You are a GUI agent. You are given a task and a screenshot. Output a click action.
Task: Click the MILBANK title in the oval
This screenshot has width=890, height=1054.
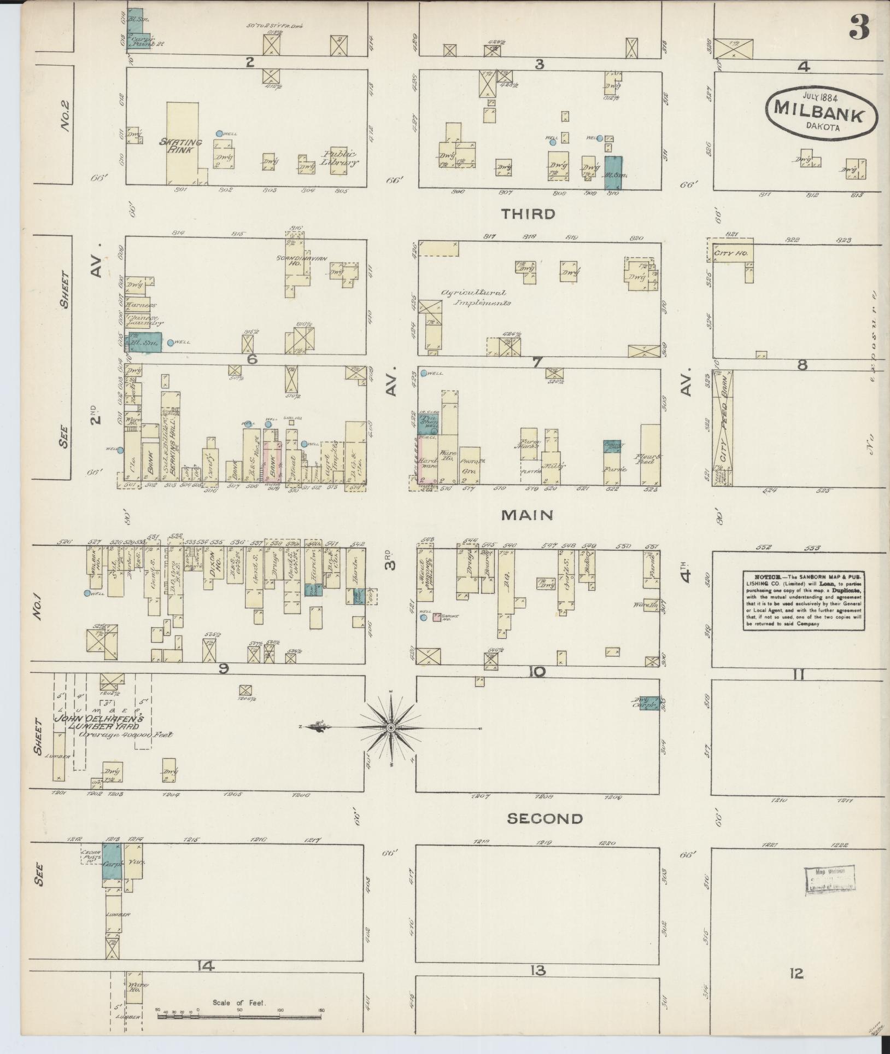[x=818, y=116]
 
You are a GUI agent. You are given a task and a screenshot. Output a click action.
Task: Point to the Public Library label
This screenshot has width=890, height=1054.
[x=340, y=158]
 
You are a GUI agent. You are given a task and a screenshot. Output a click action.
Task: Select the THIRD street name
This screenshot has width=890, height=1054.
[x=528, y=214]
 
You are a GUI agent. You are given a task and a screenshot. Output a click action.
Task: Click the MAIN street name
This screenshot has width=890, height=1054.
[x=528, y=515]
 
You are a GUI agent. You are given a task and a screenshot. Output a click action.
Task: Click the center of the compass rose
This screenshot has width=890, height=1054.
[x=391, y=728]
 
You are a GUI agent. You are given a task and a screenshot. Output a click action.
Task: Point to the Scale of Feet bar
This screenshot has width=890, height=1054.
[x=241, y=1016]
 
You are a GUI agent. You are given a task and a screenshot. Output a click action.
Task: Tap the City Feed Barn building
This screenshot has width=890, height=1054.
[x=724, y=427]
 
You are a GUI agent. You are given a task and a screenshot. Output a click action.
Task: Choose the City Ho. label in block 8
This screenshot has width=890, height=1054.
[x=726, y=254]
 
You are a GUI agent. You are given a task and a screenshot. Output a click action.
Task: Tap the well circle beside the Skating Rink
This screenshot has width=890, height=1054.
[x=219, y=133]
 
